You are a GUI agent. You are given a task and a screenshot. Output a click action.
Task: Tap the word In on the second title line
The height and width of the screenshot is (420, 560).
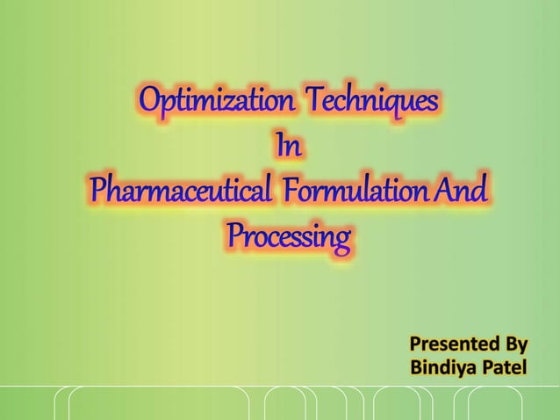click(x=289, y=147)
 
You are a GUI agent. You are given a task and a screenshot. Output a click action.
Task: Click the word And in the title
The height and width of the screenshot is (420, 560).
click(x=462, y=190)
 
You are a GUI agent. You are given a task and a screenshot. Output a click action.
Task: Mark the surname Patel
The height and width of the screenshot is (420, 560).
click(x=504, y=366)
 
